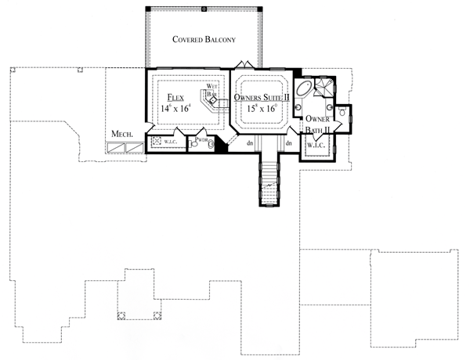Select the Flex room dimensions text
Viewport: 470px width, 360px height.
pyautogui.click(x=176, y=110)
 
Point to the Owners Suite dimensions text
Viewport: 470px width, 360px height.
pyautogui.click(x=262, y=110)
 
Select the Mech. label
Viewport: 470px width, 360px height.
pyautogui.click(x=121, y=134)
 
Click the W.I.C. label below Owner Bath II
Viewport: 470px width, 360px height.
pyautogui.click(x=316, y=145)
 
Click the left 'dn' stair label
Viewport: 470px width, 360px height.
pyautogui.click(x=250, y=143)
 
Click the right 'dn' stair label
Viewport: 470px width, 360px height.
pyautogui.click(x=288, y=143)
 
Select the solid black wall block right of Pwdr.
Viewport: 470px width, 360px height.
pyautogui.click(x=222, y=145)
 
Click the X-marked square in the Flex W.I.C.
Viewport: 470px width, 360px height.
pyautogui.click(x=157, y=141)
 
